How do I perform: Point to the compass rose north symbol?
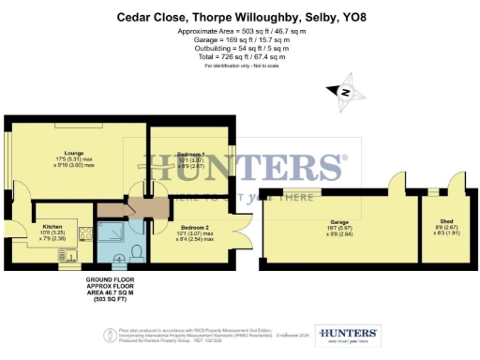coord(344,92)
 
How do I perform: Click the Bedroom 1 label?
coord(190,153)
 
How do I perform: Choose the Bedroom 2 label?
coord(194,228)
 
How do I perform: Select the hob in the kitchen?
coord(86,233)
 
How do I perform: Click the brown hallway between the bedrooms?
coord(141,207)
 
